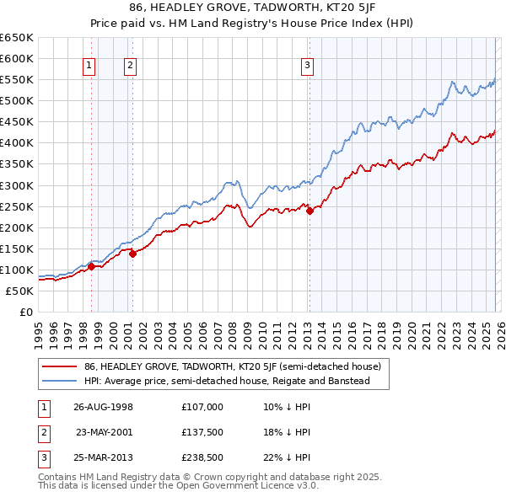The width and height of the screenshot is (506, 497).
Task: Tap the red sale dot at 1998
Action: point(91,267)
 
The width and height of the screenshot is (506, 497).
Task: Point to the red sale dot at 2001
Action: point(132,254)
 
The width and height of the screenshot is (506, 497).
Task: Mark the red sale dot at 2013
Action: point(309,211)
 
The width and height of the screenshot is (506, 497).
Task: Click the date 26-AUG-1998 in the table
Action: point(103,406)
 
